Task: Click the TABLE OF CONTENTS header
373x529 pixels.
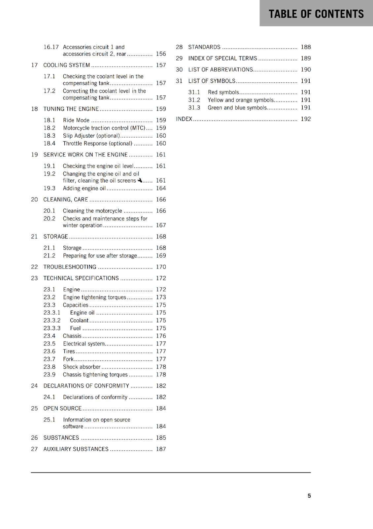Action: [316, 14]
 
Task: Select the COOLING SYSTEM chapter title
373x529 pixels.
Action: [67, 65]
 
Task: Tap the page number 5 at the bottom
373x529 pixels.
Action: [309, 496]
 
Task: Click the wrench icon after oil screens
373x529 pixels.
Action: [140, 180]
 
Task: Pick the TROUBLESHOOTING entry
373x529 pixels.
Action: [70, 267]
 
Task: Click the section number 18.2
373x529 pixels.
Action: [50, 128]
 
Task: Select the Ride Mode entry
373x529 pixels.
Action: [76, 120]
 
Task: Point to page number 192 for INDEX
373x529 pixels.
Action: [306, 119]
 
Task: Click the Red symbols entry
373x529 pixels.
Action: [223, 92]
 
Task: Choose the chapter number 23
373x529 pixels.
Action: [34, 278]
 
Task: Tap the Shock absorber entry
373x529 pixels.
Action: [82, 367]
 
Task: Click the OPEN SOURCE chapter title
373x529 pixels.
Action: [62, 408]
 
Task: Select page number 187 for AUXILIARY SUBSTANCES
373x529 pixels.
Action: [161, 449]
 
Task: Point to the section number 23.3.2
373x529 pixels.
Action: [52, 320]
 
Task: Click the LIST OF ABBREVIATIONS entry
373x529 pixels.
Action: [220, 70]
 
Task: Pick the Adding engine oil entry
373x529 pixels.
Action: [84, 188]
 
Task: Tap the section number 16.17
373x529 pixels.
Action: [51, 47]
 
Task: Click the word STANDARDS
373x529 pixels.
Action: [204, 47]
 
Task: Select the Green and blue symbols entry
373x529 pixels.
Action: [237, 108]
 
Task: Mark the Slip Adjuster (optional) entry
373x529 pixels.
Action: [91, 136]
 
